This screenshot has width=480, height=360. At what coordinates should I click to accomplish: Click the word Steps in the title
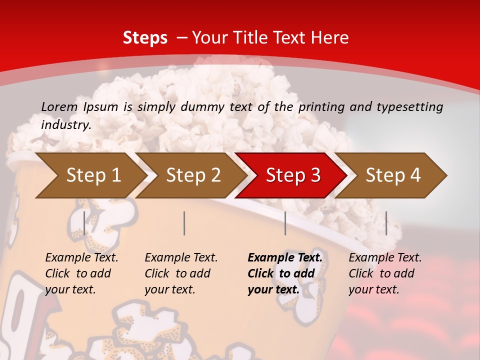[x=145, y=38]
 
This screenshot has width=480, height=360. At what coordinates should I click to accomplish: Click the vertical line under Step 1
[x=84, y=223]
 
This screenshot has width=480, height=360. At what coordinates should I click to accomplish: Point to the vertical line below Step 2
[x=184, y=223]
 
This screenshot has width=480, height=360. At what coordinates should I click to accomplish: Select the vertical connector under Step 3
[x=285, y=223]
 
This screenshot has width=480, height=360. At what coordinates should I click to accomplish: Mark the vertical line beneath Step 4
[x=386, y=223]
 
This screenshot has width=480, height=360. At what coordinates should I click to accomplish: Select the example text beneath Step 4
[x=385, y=273]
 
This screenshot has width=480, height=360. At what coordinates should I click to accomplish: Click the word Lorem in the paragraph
[x=59, y=106]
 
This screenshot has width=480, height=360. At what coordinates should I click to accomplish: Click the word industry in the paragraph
[x=66, y=125]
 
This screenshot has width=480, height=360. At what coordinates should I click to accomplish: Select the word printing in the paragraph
[x=319, y=106]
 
